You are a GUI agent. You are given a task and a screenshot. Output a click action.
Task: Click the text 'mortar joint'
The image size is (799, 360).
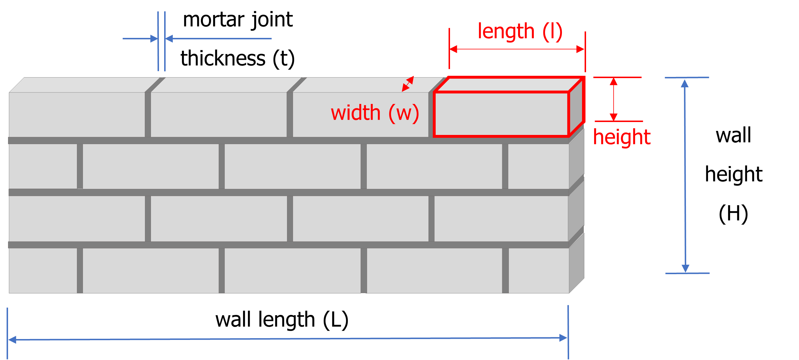(x=238, y=20)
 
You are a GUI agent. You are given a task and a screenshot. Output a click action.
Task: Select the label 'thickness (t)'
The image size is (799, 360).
(x=238, y=58)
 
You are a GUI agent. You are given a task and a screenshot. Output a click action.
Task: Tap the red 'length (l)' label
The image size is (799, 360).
(x=520, y=31)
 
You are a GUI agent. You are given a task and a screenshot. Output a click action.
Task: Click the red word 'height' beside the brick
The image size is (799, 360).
(x=622, y=137)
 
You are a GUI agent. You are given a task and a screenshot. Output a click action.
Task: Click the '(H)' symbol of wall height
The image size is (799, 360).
(x=733, y=214)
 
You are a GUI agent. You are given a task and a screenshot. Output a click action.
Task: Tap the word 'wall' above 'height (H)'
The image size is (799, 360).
(x=733, y=135)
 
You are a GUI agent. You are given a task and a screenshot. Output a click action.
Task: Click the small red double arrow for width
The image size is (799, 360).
(x=408, y=84)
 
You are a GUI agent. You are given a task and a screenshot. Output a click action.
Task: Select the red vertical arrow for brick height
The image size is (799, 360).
(x=613, y=99)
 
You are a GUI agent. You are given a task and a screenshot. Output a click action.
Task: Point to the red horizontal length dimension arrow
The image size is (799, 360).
(x=517, y=49)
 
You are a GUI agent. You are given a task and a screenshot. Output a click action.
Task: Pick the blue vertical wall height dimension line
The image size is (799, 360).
(x=685, y=176)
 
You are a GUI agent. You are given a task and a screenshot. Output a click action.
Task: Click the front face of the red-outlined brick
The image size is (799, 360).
(x=501, y=114)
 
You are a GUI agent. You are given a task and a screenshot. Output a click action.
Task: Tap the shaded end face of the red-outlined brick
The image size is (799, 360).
(x=576, y=107)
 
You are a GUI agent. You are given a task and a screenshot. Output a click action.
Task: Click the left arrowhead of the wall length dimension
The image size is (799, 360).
(x=12, y=340)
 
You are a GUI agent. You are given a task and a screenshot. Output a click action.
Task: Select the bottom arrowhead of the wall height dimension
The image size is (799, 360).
(x=685, y=269)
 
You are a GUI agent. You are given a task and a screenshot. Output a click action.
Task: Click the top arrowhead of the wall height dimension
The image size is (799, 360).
(x=685, y=83)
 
